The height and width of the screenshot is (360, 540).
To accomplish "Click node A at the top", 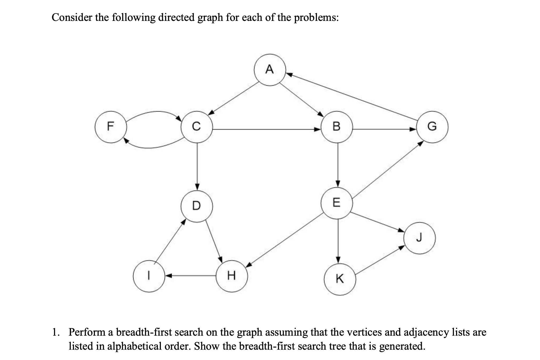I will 270,70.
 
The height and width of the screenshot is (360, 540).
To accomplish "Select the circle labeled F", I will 111,127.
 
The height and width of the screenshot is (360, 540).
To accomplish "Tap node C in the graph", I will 196,127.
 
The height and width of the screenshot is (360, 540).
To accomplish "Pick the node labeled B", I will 337,127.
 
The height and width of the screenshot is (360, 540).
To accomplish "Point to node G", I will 432,127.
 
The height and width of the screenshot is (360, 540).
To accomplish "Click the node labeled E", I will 337,203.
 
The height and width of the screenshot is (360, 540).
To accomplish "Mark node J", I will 419,238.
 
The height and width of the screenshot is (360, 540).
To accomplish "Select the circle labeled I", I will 149,276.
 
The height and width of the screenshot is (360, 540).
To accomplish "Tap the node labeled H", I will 232,276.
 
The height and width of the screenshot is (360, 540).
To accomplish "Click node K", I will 340,279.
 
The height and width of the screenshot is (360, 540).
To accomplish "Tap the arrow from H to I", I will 191,276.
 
